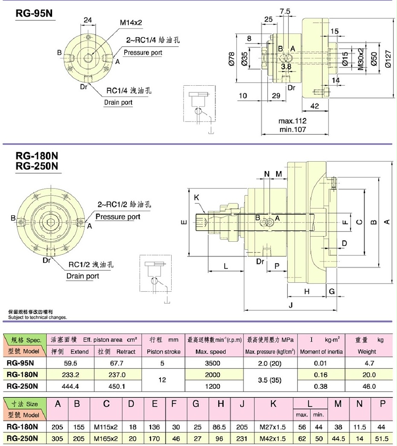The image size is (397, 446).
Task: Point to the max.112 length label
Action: [292, 121]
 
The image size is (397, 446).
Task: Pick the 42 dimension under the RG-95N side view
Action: [314, 107]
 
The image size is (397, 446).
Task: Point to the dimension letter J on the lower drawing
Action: [291, 305]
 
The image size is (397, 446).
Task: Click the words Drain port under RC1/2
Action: [83, 276]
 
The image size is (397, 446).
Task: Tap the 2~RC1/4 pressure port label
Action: [152, 41]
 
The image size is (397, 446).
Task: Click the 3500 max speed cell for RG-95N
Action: [213, 363]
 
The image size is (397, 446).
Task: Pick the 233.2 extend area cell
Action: [70, 375]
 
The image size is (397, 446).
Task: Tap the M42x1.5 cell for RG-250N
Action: [273, 438]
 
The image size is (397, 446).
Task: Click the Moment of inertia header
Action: [320, 352]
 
